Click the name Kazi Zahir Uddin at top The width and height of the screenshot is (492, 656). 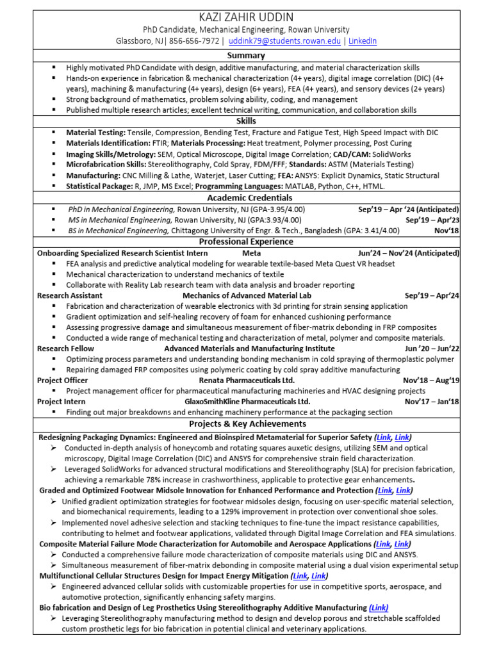pos(246,17)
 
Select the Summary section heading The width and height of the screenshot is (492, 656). pos(246,56)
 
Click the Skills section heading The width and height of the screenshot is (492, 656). pos(246,121)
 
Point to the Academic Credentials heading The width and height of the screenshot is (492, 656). pos(246,198)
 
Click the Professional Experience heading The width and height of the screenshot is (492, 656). pos(246,242)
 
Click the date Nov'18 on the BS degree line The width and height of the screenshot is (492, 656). pos(447,231)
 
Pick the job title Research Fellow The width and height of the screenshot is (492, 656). pos(65,348)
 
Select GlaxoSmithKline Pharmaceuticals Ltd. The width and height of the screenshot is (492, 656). pos(247,402)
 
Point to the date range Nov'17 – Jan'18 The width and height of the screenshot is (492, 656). pos(432,402)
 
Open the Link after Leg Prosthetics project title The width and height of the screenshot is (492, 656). pos(379,607)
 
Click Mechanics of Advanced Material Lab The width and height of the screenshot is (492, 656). pos(247,295)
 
